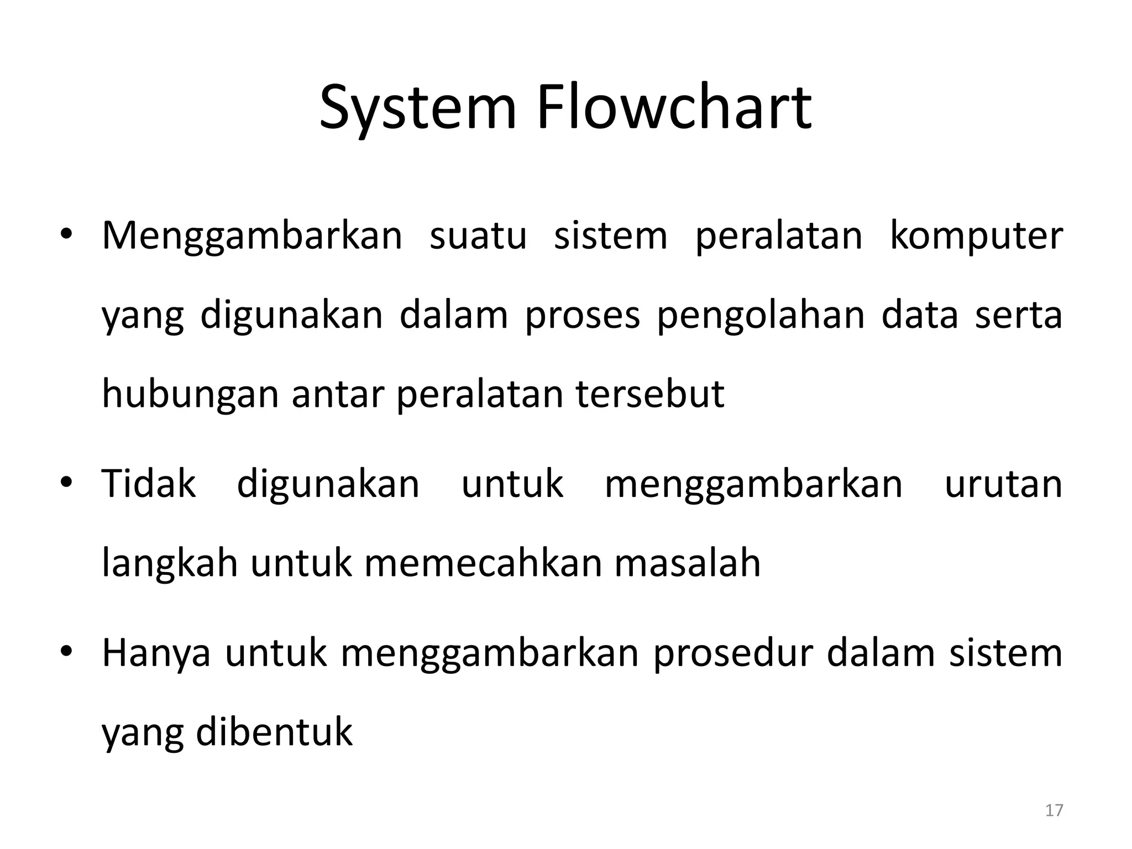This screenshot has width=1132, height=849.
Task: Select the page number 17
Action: [x=1054, y=810]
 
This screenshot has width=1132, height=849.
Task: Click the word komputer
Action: [x=976, y=237]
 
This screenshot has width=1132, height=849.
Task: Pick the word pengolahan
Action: [x=760, y=316]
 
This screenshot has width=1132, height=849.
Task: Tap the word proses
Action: [x=582, y=317]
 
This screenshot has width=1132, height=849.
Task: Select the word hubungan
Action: [x=190, y=395]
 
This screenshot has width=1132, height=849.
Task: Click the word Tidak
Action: [x=149, y=484]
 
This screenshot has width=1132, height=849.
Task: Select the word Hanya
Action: [x=156, y=654]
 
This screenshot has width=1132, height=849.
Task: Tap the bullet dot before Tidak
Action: [x=66, y=483]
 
